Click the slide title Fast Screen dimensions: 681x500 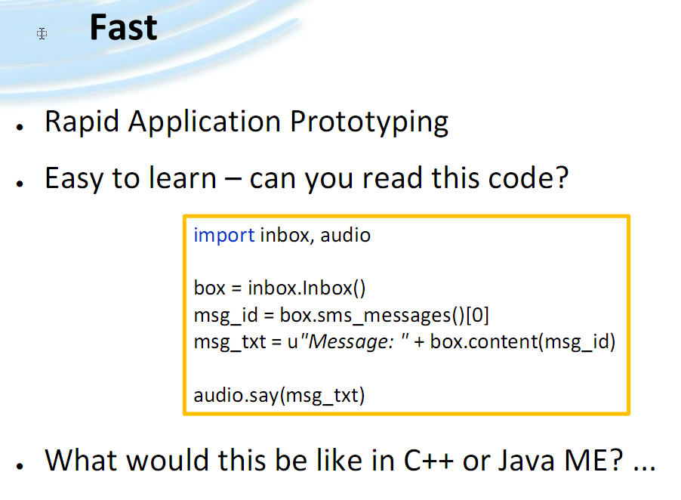click(123, 27)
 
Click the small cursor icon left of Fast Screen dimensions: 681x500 click(42, 33)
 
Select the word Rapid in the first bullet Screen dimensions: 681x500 click(82, 122)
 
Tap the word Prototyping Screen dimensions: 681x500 click(368, 122)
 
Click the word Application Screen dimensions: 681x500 click(204, 122)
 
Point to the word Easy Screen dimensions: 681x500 click(74, 178)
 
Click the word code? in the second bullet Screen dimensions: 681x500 click(528, 177)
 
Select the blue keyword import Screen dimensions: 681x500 click(223, 236)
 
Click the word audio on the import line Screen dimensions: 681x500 click(345, 235)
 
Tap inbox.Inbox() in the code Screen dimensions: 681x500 click(307, 288)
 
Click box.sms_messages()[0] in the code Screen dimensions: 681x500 click(384, 315)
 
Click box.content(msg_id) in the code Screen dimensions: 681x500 click(522, 342)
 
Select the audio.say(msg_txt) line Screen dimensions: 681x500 click(279, 396)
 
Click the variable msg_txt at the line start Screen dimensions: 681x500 click(230, 342)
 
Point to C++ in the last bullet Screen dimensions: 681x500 click(429, 460)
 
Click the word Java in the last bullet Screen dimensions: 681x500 click(526, 460)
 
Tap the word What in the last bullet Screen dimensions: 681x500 click(82, 460)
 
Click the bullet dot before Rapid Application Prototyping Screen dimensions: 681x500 click(20, 127)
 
